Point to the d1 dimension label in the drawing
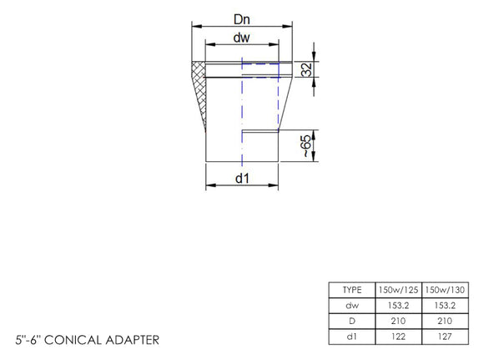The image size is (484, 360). (241, 178)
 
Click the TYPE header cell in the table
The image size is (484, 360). (352, 289)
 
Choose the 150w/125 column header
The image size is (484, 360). (399, 289)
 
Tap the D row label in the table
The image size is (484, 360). (352, 320)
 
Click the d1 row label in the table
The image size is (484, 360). (352, 336)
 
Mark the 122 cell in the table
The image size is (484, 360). (399, 336)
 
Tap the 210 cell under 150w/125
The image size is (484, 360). (399, 320)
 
